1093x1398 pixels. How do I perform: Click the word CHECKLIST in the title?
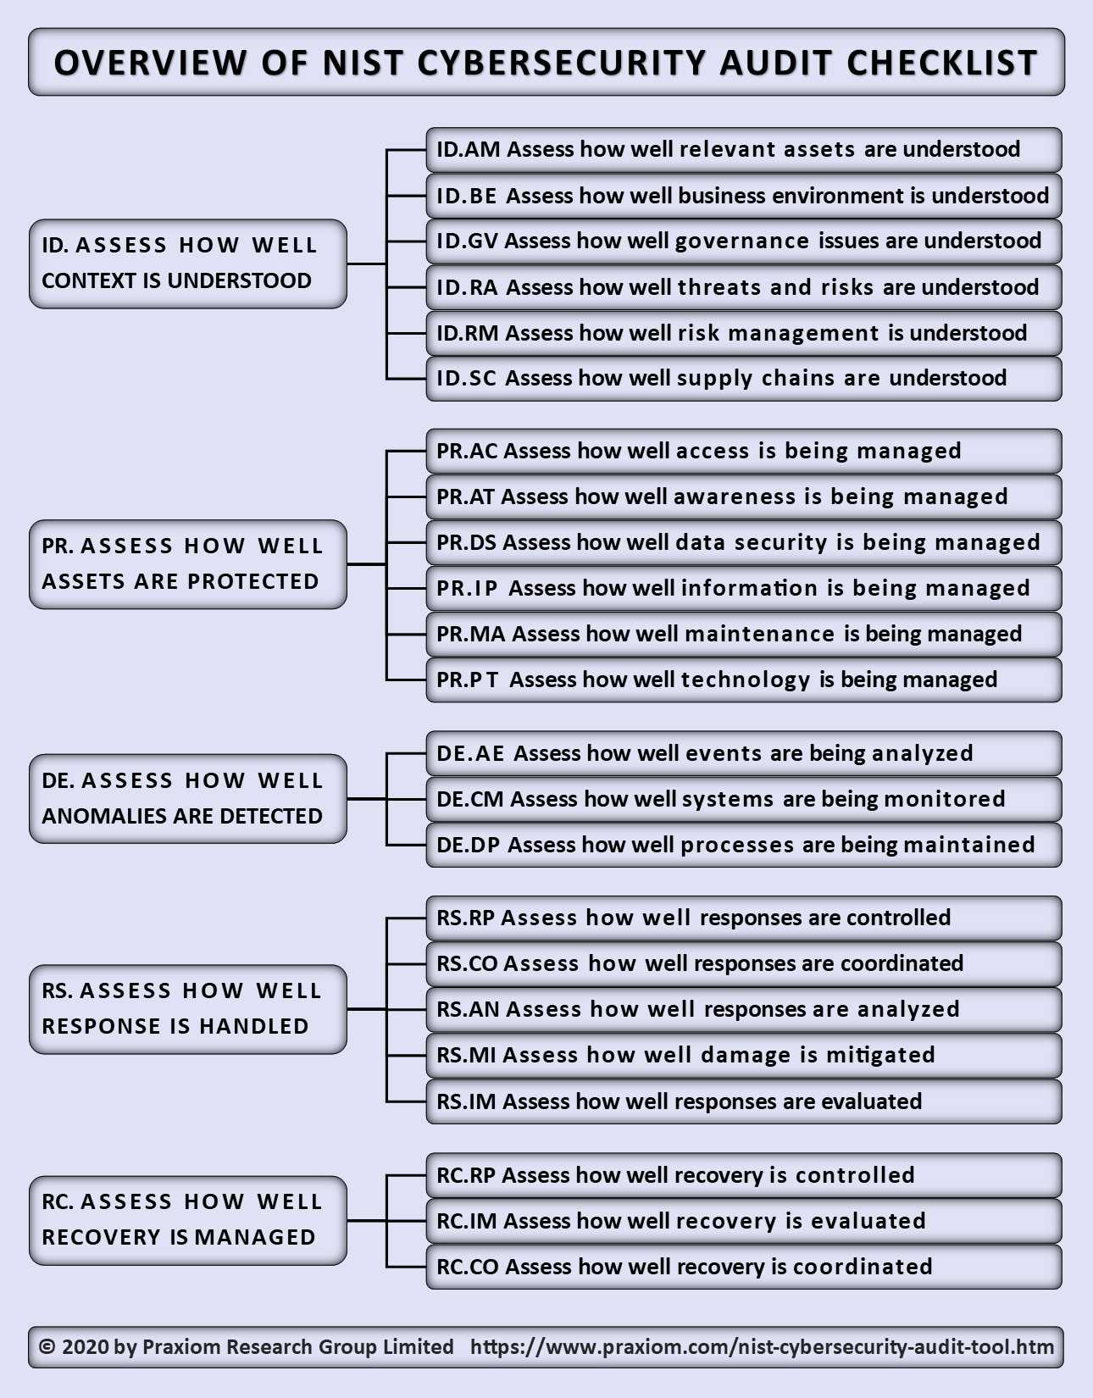(x=942, y=63)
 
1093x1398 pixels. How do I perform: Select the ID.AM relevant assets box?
(x=744, y=150)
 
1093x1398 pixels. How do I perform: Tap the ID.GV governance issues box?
(x=744, y=241)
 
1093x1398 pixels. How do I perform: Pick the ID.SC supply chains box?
(x=744, y=379)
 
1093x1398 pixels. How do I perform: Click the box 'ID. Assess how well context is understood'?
(x=188, y=264)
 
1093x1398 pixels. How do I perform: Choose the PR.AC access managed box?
(x=744, y=451)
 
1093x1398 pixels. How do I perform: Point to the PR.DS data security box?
(x=744, y=542)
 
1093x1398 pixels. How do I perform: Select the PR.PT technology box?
(x=744, y=680)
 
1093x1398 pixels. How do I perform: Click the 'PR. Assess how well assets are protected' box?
(x=188, y=564)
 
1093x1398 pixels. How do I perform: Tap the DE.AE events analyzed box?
(x=744, y=753)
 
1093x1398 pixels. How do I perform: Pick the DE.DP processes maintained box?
(x=744, y=845)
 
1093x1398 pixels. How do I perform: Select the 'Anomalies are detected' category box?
(x=188, y=799)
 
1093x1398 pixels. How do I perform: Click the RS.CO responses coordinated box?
(x=744, y=963)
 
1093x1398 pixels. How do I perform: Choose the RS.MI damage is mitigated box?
(x=744, y=1056)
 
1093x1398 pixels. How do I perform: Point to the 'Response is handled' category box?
(x=188, y=1009)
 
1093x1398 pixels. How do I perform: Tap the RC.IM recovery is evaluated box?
(x=744, y=1221)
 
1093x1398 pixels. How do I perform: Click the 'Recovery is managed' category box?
(x=188, y=1221)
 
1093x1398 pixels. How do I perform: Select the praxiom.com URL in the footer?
(x=763, y=1348)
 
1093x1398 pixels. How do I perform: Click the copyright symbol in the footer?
(x=47, y=1346)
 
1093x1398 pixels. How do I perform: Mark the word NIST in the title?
(x=362, y=63)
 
